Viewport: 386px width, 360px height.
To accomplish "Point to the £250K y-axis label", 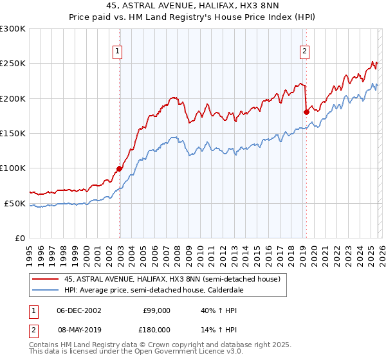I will (13, 64).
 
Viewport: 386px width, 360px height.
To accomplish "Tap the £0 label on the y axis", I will (19, 238).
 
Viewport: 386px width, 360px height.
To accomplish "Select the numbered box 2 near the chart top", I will (304, 53).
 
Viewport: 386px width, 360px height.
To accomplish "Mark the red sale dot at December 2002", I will (119, 169).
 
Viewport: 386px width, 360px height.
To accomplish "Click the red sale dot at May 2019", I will (306, 112).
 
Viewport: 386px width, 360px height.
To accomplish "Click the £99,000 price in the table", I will (157, 310).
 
